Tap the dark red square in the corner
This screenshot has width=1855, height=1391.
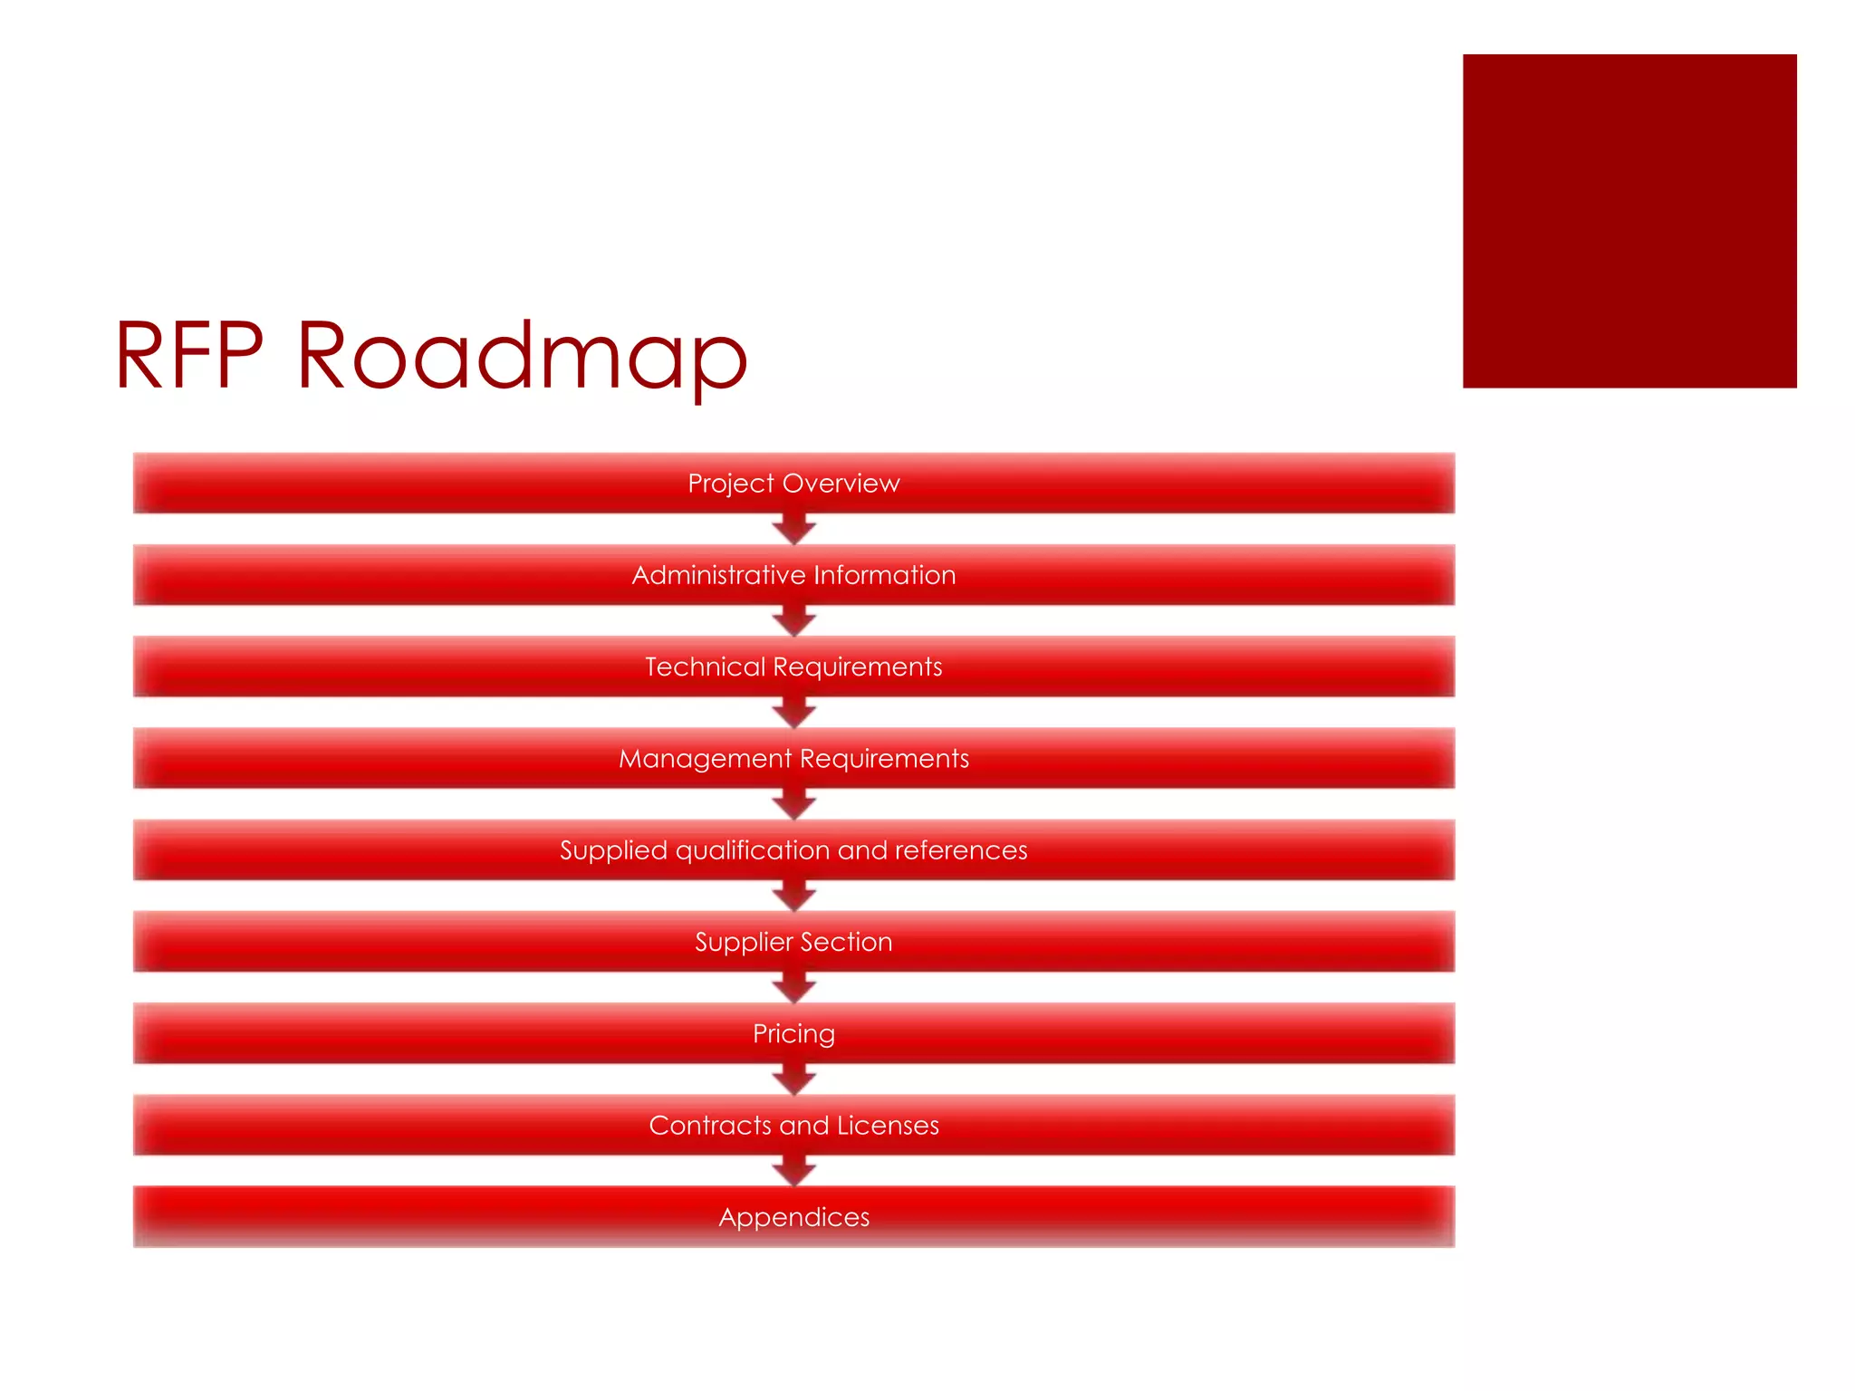(1629, 221)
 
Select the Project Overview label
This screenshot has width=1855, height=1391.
(793, 484)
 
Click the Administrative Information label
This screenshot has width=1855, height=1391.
(793, 575)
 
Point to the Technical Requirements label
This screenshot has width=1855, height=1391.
(793, 667)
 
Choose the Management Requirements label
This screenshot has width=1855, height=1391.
(793, 758)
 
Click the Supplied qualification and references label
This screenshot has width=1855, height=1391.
(793, 850)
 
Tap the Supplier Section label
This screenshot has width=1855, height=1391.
(793, 942)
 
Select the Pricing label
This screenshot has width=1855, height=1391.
(793, 1033)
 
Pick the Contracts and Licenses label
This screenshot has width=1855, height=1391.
(793, 1125)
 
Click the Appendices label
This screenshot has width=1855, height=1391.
(793, 1217)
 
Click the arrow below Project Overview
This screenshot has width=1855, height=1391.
(794, 530)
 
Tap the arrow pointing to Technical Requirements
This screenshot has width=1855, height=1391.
(794, 621)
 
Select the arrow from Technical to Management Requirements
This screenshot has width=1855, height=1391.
(794, 713)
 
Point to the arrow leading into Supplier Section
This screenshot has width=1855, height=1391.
(794, 897)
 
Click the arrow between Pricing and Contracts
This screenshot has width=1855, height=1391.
(794, 1079)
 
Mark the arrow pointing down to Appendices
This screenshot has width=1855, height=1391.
(794, 1171)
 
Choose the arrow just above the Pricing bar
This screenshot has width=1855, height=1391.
(794, 988)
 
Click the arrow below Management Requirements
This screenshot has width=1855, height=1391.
(794, 804)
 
